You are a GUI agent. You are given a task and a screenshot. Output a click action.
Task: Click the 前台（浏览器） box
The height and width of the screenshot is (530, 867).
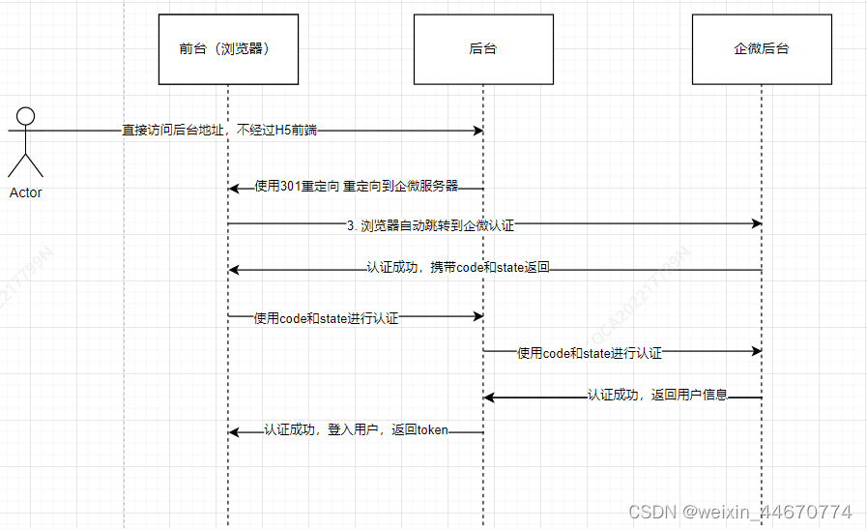[228, 49]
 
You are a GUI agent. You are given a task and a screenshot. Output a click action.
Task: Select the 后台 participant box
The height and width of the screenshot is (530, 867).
[482, 49]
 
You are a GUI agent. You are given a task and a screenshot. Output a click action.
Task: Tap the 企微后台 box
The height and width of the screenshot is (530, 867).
[761, 49]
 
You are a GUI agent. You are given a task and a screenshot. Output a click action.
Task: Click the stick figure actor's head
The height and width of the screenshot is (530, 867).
[26, 117]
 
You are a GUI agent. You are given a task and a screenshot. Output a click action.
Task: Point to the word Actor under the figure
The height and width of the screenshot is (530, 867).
[26, 192]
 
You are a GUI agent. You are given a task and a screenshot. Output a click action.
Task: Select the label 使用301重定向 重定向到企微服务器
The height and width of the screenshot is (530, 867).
[356, 187]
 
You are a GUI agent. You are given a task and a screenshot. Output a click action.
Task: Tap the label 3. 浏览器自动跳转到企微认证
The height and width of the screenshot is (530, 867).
[430, 224]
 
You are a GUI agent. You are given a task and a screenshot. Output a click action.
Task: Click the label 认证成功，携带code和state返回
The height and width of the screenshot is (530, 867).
[458, 268]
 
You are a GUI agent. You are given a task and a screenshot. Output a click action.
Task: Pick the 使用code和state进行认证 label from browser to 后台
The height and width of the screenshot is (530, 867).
[326, 317]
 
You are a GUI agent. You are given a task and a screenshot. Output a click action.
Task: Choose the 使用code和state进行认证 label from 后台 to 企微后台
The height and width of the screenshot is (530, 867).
[590, 354]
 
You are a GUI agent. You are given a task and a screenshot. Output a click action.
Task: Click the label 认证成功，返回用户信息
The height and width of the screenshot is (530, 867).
[657, 396]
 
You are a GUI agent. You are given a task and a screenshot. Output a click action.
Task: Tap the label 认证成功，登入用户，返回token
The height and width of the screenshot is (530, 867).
[356, 430]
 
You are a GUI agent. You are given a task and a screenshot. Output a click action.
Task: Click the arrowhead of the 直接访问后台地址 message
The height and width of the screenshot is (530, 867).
[477, 131]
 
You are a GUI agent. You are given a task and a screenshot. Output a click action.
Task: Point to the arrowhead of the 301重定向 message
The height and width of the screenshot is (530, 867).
[234, 188]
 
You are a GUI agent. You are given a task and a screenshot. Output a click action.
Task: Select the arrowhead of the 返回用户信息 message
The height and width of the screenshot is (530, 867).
[489, 397]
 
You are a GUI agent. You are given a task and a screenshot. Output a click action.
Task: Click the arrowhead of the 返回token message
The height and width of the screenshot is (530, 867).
[234, 432]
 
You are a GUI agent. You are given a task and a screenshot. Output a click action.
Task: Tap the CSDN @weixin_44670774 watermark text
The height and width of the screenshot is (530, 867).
[739, 513]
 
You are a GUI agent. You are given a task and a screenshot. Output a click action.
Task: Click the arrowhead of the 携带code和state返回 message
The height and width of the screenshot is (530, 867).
[234, 270]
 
